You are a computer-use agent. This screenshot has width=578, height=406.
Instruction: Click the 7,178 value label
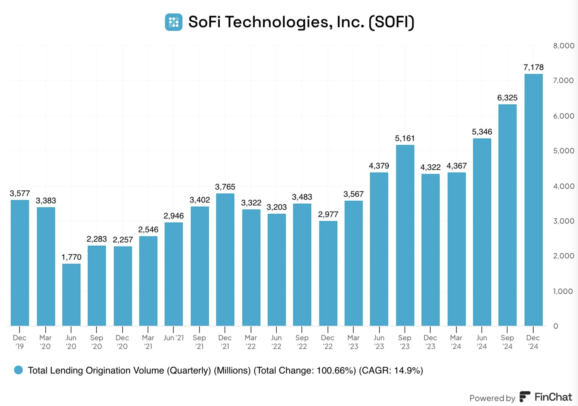click(533, 67)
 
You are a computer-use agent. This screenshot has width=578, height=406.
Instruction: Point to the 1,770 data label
click(71, 257)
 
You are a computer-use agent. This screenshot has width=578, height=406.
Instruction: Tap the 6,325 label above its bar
click(507, 98)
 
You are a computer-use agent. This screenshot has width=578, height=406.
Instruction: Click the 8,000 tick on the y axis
click(563, 46)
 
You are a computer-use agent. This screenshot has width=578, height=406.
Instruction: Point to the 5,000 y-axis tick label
click(563, 151)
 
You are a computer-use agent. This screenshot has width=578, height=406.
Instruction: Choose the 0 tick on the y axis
click(556, 326)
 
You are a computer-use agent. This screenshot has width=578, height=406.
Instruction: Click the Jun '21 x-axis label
click(174, 338)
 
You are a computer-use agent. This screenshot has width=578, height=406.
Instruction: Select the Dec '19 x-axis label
click(19, 342)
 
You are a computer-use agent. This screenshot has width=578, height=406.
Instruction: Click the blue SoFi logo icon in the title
click(174, 22)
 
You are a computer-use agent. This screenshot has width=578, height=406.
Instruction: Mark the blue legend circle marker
click(18, 370)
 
